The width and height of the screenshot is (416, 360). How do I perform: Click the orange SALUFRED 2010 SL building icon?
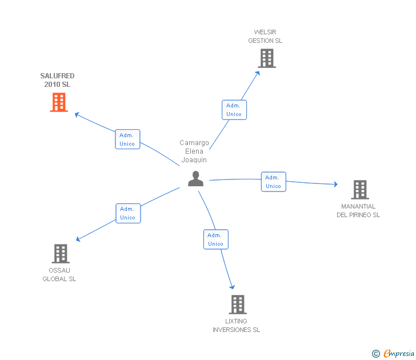[x=59, y=102]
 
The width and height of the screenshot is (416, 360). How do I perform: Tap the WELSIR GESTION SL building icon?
[x=266, y=58]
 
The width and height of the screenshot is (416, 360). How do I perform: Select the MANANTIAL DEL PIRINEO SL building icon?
[x=359, y=190]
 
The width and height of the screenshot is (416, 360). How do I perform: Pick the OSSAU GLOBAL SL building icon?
[x=61, y=254]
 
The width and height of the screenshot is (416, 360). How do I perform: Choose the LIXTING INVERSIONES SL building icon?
[x=238, y=305]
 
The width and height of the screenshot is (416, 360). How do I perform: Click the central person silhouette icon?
[x=196, y=179]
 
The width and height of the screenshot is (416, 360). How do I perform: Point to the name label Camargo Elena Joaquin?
[x=194, y=151]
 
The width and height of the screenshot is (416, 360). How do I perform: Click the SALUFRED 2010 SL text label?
[x=57, y=80]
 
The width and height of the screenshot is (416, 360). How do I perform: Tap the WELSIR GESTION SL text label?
[x=265, y=37]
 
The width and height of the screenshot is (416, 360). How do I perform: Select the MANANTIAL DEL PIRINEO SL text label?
[x=358, y=211]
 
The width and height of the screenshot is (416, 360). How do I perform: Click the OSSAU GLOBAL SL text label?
[x=59, y=275]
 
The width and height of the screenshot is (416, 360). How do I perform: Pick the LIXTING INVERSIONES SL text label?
[x=236, y=326]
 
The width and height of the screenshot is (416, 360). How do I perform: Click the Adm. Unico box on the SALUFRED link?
[x=127, y=139]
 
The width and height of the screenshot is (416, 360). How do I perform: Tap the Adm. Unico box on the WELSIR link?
[x=234, y=110]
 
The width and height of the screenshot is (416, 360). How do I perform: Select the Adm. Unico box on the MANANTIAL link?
[x=274, y=182]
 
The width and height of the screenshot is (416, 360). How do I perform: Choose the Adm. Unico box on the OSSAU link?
[x=128, y=213]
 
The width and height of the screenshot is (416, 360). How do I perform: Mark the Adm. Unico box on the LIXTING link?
[x=216, y=239]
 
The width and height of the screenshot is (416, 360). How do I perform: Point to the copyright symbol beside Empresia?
[x=376, y=354]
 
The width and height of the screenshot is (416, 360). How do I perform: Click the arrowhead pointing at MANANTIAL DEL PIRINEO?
[x=336, y=184]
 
